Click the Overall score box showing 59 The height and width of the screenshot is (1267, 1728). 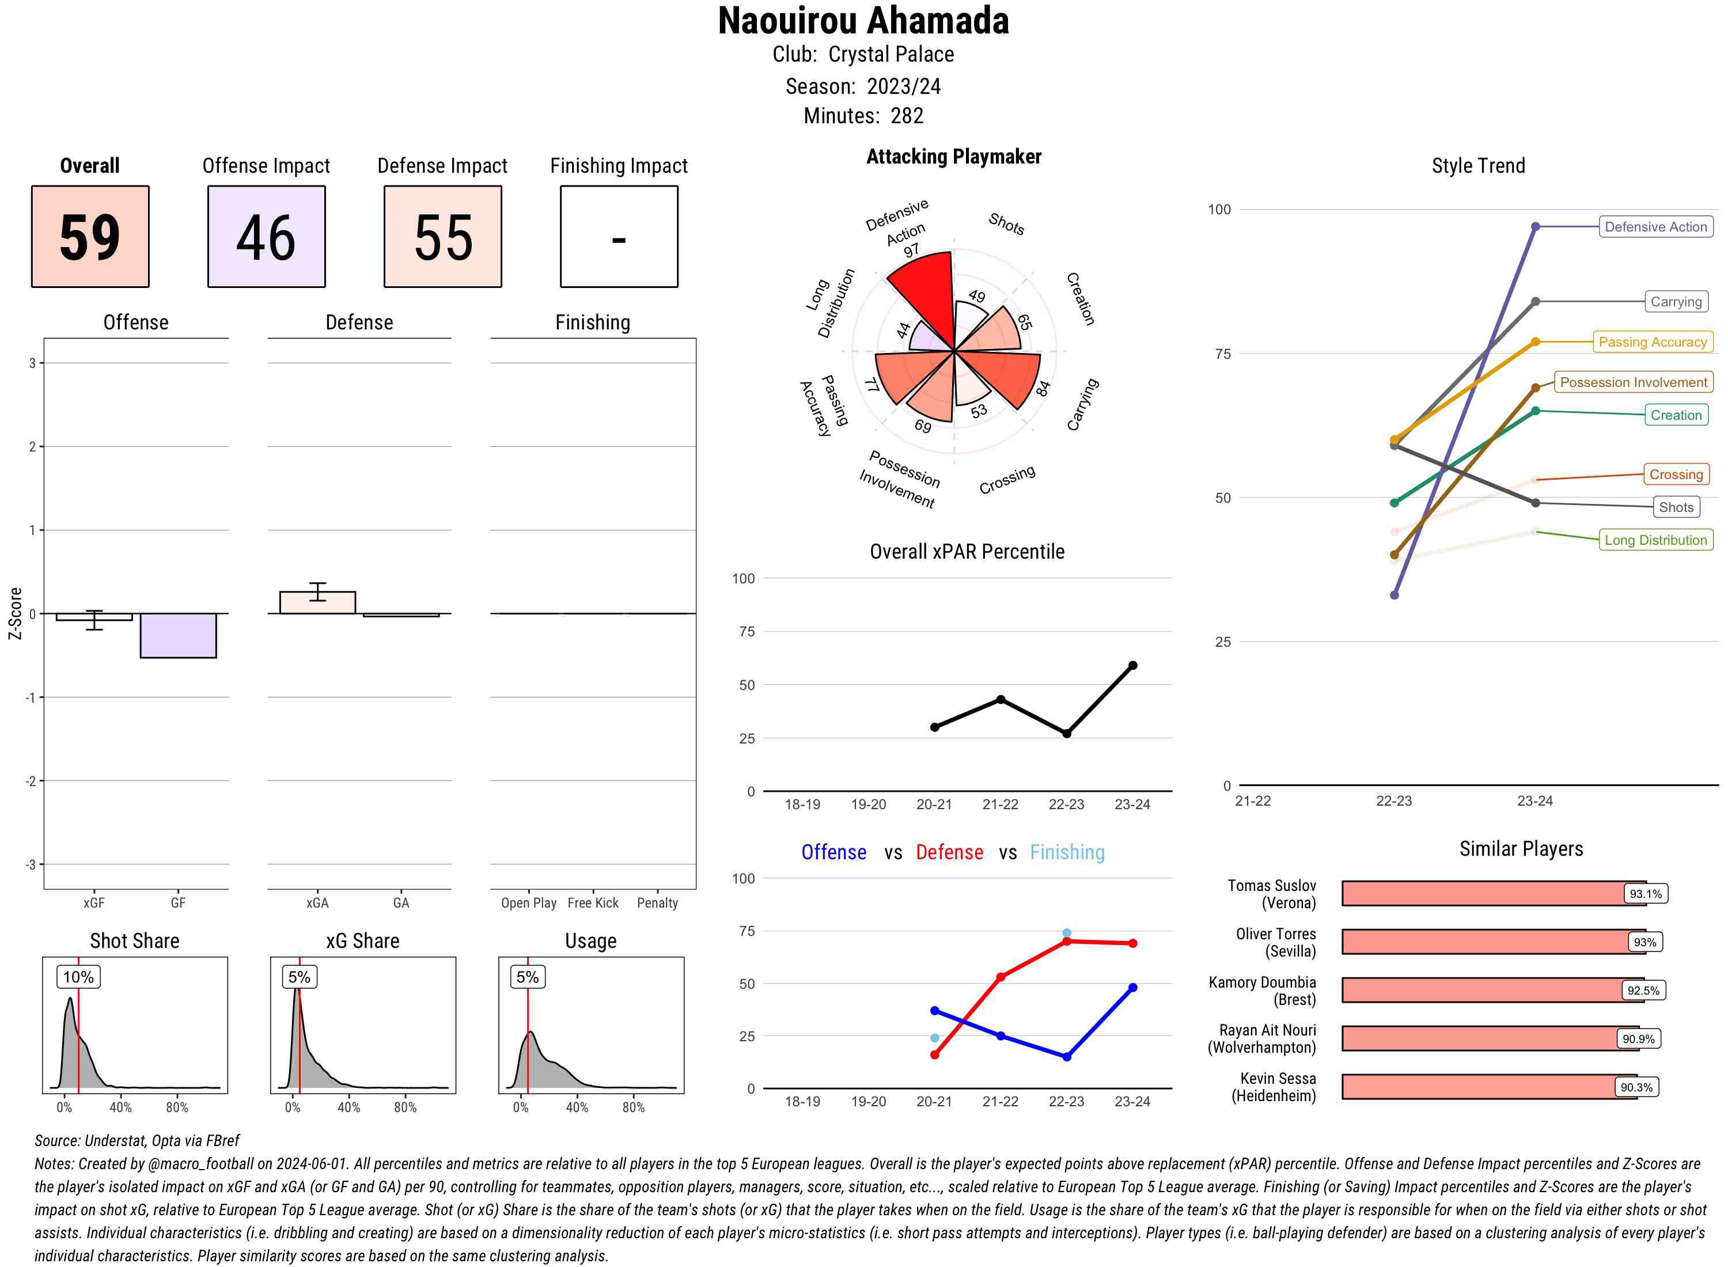pyautogui.click(x=90, y=236)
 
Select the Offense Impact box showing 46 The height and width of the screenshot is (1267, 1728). pyautogui.click(x=266, y=236)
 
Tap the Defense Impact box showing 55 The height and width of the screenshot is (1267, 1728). pyautogui.click(x=442, y=236)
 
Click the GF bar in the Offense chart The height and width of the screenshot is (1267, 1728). pyautogui.click(x=178, y=635)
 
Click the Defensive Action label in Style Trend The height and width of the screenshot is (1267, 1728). pyautogui.click(x=1655, y=227)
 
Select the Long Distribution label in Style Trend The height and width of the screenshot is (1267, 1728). pyautogui.click(x=1655, y=540)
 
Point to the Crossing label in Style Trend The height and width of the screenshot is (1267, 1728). pyautogui.click(x=1675, y=475)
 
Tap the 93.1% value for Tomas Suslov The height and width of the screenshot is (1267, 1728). pyautogui.click(x=1645, y=893)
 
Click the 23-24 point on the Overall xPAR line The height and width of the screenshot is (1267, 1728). pyautogui.click(x=1132, y=666)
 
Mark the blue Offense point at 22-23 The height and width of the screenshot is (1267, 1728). pyautogui.click(x=1066, y=1057)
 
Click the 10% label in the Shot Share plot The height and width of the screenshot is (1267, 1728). pyautogui.click(x=78, y=977)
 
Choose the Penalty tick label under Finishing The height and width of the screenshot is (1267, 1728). pyautogui.click(x=657, y=902)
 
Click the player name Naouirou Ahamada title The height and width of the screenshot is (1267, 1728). pyautogui.click(x=863, y=21)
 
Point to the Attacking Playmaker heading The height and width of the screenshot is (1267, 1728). pyautogui.click(x=953, y=157)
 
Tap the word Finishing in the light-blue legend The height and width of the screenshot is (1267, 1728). pyautogui.click(x=1067, y=852)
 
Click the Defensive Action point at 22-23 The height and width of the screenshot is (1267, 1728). pyautogui.click(x=1393, y=595)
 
